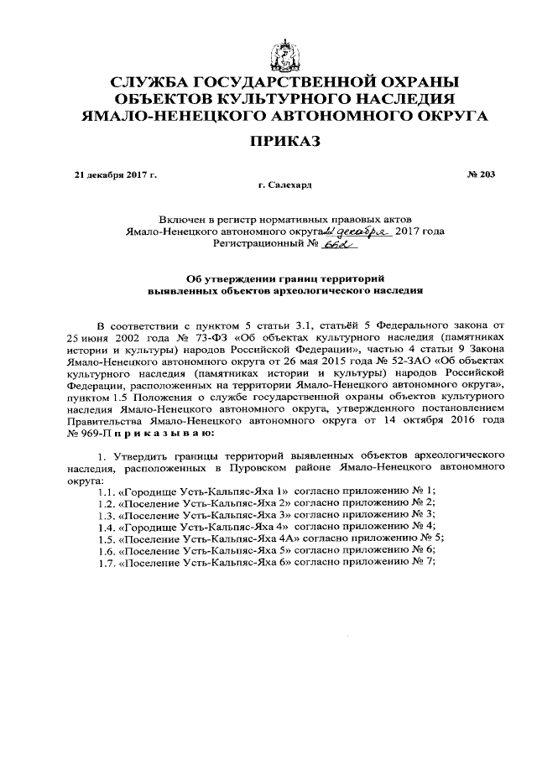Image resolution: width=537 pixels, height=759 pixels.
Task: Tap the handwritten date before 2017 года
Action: point(358,230)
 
